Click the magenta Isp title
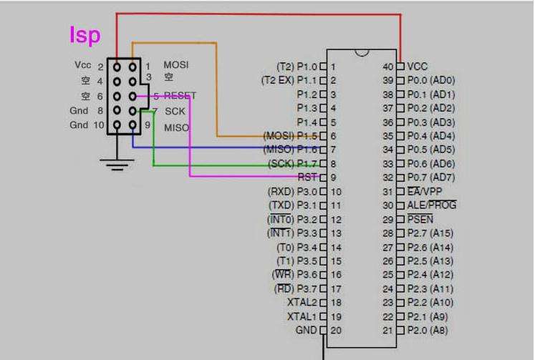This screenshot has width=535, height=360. pos(85,34)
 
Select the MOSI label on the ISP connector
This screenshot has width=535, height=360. pos(175,65)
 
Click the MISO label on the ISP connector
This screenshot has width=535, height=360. pos(176,127)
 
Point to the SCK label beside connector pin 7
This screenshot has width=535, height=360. pos(175,112)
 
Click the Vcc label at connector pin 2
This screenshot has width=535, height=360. pos(82,65)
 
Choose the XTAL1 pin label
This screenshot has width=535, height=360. pos(302,316)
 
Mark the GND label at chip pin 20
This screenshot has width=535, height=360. pos(306,330)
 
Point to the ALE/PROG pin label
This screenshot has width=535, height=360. pos(431,205)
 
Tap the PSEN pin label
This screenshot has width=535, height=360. pos(421,219)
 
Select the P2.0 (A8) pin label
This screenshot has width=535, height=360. pos(428,330)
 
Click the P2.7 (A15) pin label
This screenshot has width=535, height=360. pos(430,233)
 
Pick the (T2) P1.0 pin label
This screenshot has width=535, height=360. pos(296,66)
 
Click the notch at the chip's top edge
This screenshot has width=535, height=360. pos(362,52)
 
